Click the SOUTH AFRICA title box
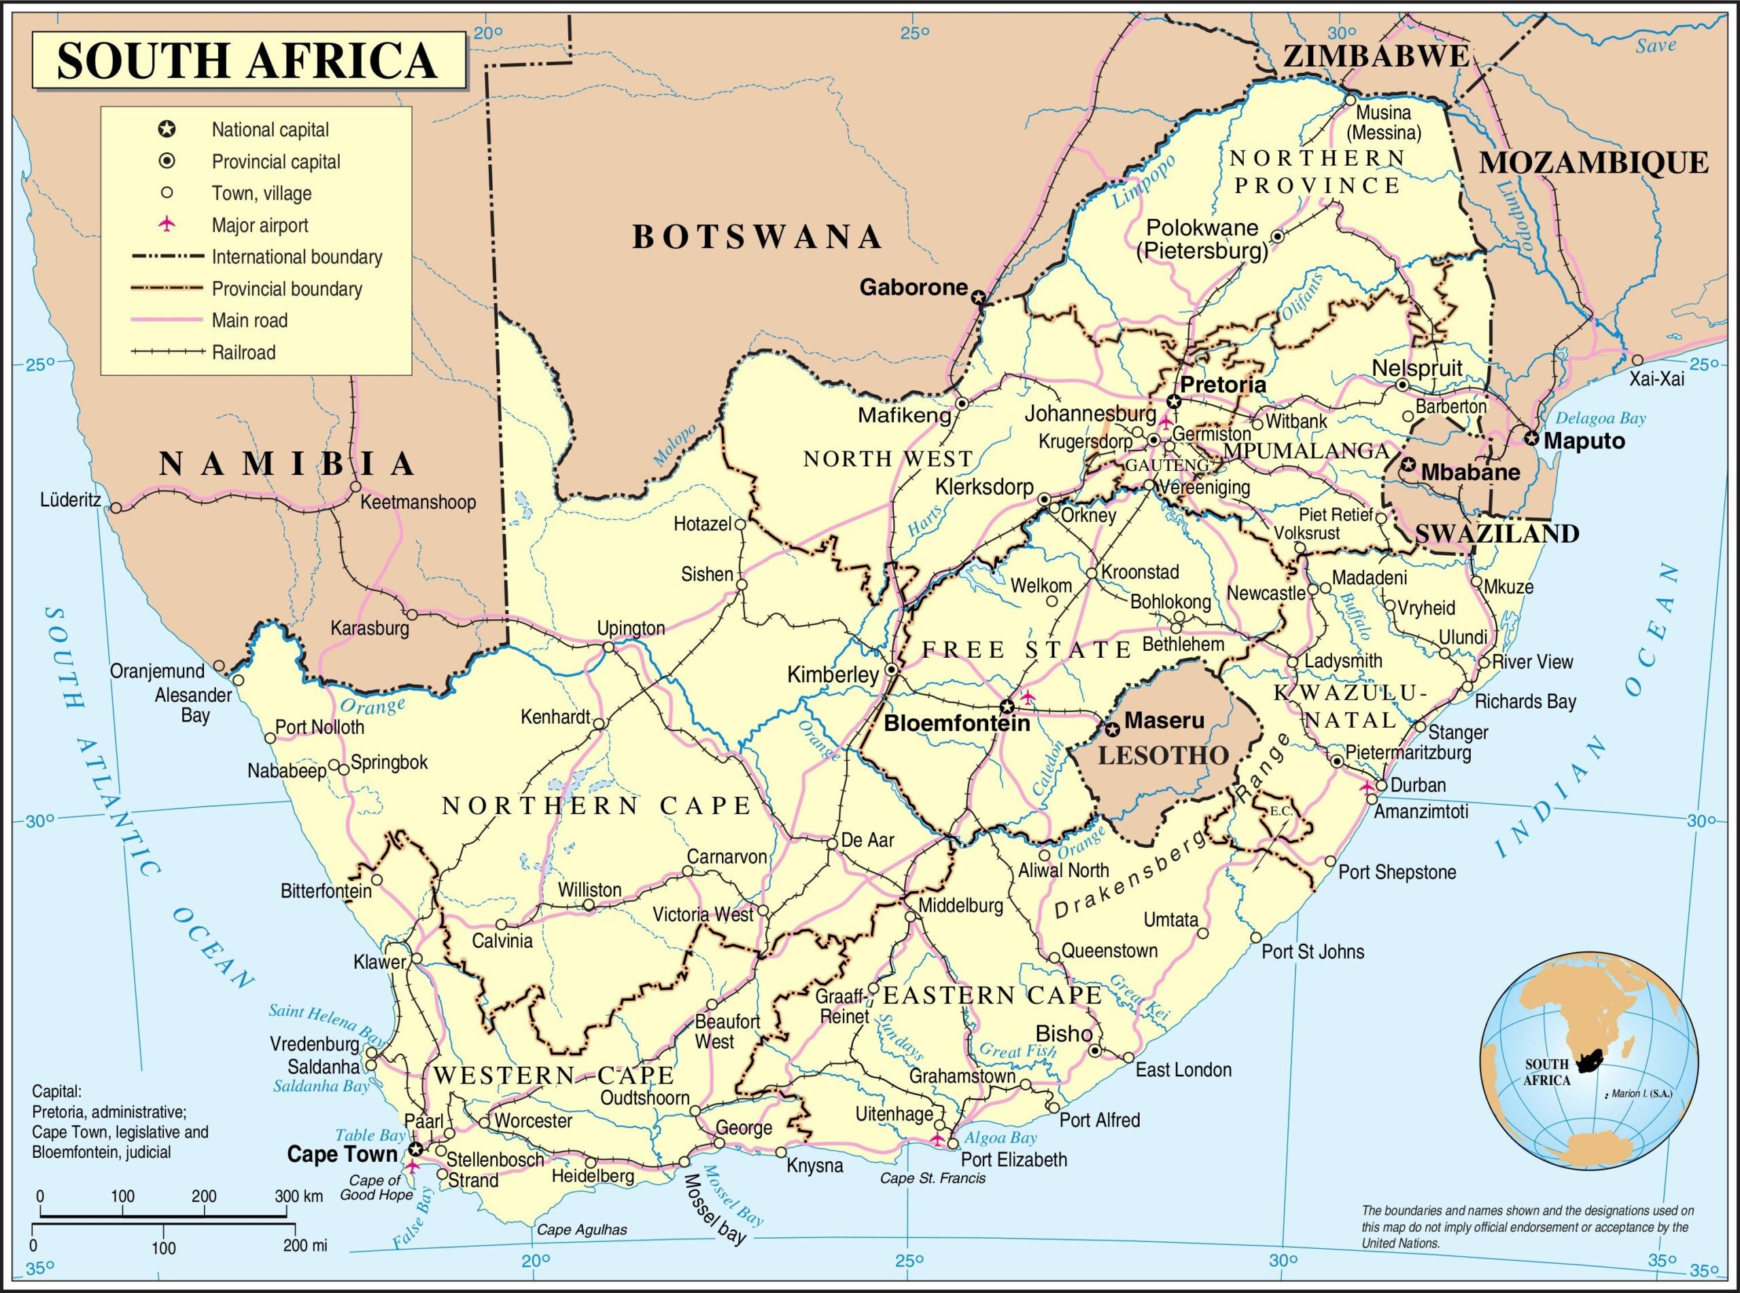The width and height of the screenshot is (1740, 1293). pos(248,60)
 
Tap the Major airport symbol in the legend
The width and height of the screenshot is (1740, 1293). pos(166,226)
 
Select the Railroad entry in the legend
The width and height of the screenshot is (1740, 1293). pos(243,352)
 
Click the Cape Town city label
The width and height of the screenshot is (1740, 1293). pos(342,1154)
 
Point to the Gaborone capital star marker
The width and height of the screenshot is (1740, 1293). pos(978,298)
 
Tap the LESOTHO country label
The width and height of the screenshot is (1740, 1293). pos(1163,756)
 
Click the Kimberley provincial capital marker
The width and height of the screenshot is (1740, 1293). pos(892,671)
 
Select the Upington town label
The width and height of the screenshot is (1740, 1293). pos(630,628)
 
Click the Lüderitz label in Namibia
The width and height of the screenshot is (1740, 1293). pos(71,500)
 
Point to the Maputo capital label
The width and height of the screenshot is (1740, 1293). pos(1584,441)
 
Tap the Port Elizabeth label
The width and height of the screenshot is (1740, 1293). pos(1013,1159)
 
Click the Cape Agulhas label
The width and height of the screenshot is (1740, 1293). pos(582,1230)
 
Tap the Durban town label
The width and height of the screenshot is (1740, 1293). pos(1418,785)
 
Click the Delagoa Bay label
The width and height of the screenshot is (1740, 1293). pos(1600,418)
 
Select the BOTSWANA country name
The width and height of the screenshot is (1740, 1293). pos(757,237)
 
